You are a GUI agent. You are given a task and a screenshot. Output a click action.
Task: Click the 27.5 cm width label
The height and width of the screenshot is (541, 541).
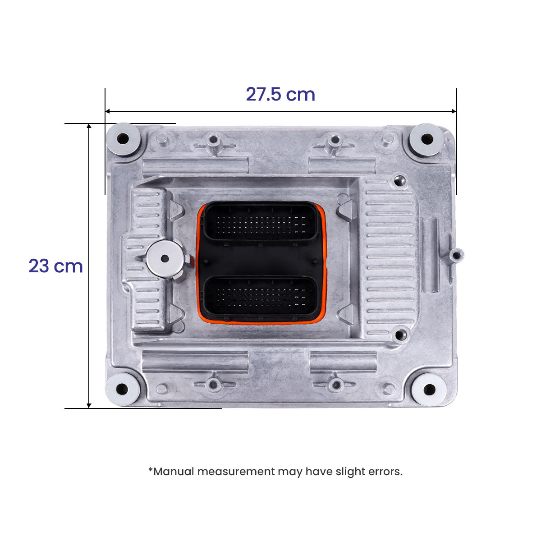[280, 94]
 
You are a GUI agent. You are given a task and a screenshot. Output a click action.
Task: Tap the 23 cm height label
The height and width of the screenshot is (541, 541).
[55, 266]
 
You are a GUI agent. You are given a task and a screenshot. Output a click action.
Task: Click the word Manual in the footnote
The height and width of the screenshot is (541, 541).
[174, 472]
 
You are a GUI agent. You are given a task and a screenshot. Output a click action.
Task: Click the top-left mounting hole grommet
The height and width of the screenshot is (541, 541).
[123, 139]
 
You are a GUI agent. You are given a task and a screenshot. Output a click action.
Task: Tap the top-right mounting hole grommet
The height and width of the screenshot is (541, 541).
[426, 139]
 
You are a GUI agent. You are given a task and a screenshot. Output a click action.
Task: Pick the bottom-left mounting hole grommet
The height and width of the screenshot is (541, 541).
[122, 389]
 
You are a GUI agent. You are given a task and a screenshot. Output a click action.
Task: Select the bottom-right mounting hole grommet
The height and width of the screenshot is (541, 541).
[429, 389]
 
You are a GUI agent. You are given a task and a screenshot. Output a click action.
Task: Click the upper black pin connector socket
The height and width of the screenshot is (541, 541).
[261, 223]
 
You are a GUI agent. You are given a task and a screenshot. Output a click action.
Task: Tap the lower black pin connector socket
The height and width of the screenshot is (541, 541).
[261, 298]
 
